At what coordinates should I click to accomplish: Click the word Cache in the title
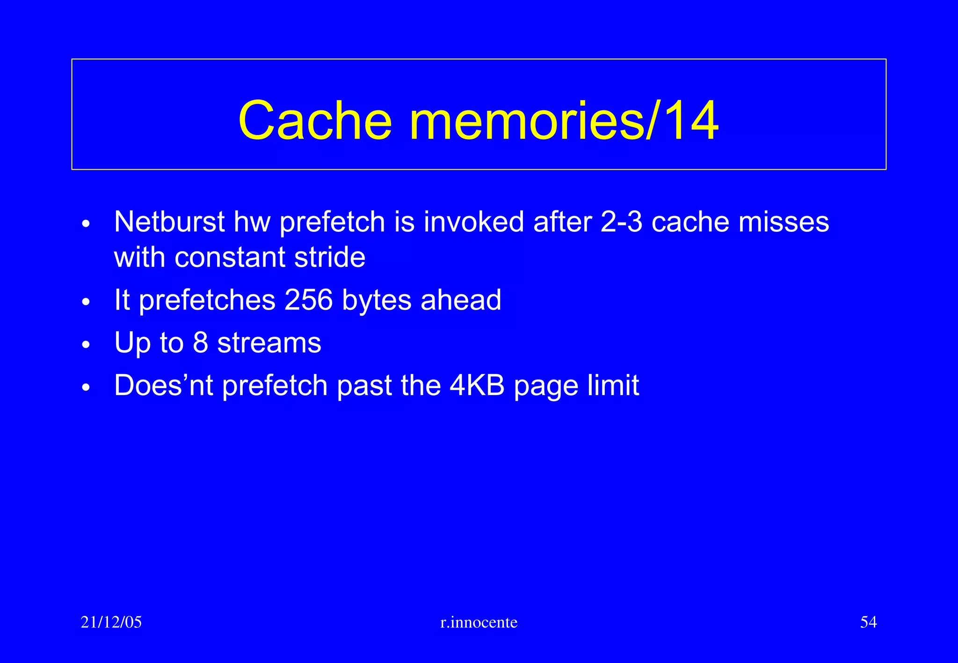315,121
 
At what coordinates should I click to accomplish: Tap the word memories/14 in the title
564,121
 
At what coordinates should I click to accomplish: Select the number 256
308,300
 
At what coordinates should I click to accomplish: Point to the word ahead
461,300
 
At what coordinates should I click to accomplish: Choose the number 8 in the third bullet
200,343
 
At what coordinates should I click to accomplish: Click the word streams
269,343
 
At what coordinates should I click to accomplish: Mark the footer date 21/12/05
111,622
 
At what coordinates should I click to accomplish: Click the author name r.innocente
479,622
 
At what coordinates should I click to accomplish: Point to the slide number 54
868,622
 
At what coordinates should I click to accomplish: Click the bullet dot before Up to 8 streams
85,345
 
